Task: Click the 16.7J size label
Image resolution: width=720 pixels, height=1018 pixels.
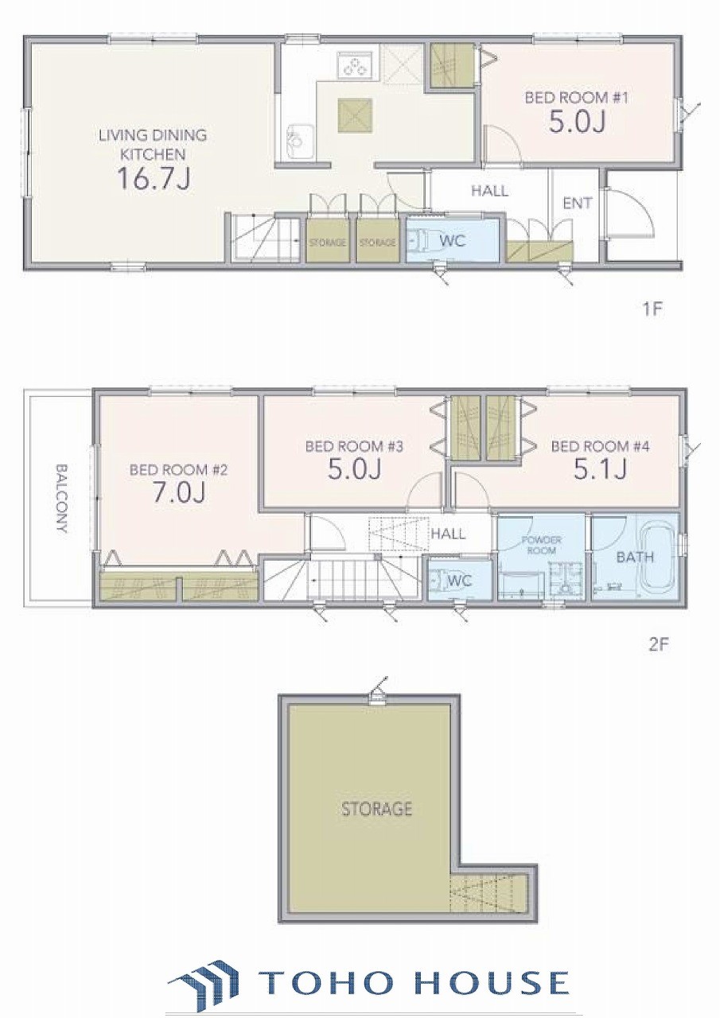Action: coord(154,178)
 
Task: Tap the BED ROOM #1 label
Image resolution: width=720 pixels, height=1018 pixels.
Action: coord(577,98)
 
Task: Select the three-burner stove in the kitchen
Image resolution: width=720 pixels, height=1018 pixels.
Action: coord(355,64)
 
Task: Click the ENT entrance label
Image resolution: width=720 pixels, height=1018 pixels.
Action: coord(578,203)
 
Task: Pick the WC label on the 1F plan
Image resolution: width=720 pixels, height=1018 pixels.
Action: coord(453,240)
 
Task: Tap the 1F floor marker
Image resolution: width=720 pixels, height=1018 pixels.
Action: coord(651,309)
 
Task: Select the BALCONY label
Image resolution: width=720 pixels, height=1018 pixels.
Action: coord(61,498)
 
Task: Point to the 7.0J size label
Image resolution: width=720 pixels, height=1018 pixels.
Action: coord(178,492)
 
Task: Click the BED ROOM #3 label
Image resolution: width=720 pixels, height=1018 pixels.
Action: coord(354,446)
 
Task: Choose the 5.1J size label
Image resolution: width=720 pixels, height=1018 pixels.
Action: coord(600,469)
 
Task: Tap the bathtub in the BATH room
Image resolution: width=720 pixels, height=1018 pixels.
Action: coord(659,558)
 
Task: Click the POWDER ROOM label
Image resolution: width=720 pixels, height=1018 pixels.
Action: coord(541,545)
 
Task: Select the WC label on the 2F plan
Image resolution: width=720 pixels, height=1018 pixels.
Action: coord(460,581)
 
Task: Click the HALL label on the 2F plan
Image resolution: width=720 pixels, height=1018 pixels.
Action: coord(448,534)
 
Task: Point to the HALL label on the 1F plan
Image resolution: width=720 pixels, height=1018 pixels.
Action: coord(489,191)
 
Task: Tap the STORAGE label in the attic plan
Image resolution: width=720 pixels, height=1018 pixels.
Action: coord(376,809)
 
